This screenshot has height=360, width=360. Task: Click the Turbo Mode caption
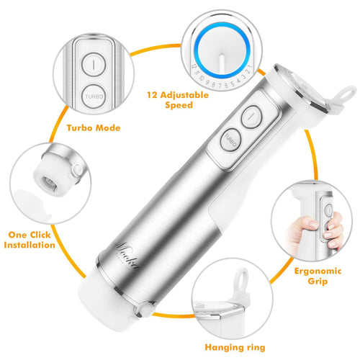click(93, 127)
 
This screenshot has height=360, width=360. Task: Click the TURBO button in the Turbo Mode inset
click(94, 94)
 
